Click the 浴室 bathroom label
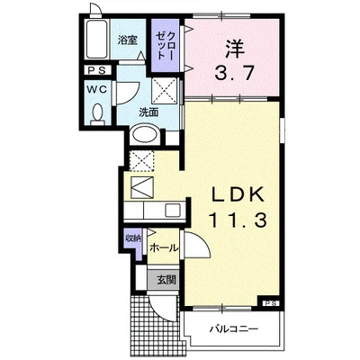click(128, 40)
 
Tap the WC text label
click(96, 90)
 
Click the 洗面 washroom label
click(148, 112)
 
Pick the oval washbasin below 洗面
click(145, 135)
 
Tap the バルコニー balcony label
click(235, 327)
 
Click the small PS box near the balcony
click(271, 302)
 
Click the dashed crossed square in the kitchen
click(142, 163)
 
